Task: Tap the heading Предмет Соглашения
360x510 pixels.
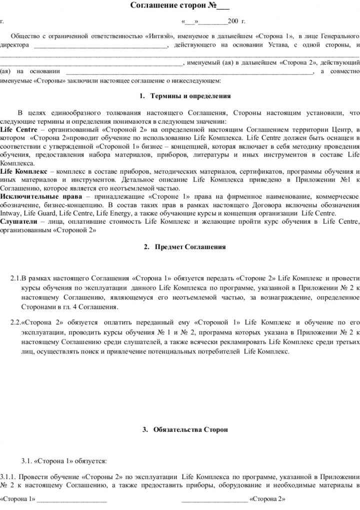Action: click(x=190, y=247)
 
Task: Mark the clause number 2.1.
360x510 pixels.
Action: click(x=16, y=277)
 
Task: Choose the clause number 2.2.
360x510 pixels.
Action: click(x=16, y=320)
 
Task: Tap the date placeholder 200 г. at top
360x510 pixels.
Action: click(x=236, y=22)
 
